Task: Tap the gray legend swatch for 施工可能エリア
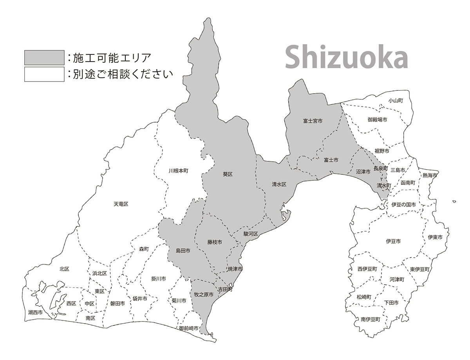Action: (x=44, y=57)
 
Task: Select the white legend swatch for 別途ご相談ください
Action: (x=44, y=74)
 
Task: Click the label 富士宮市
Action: (x=313, y=121)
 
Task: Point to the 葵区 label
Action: (x=228, y=174)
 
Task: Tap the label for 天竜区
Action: (x=121, y=204)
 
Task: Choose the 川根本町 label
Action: (x=179, y=171)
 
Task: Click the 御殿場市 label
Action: (x=378, y=119)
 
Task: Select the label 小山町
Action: (x=396, y=101)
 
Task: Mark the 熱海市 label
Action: (x=430, y=175)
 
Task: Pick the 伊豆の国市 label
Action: (x=403, y=204)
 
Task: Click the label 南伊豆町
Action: (x=370, y=320)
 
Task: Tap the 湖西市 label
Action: (x=35, y=313)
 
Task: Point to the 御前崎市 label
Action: (x=188, y=328)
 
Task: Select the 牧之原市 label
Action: (x=204, y=295)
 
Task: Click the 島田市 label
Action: (x=183, y=250)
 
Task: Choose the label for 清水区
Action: (x=279, y=184)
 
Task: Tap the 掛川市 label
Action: (x=158, y=279)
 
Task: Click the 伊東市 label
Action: (x=435, y=237)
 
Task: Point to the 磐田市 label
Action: (x=117, y=304)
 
